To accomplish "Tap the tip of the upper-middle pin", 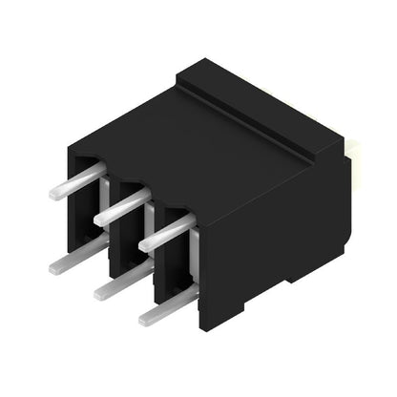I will pyautogui.click(x=99, y=221).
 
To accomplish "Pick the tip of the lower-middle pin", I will pyautogui.click(x=99, y=294).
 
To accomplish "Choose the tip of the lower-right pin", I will pyautogui.click(x=144, y=321).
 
